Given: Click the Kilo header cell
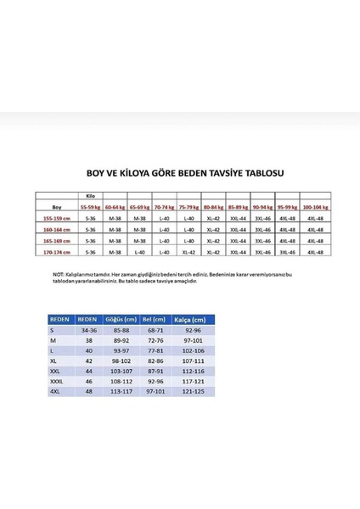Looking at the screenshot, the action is point(92,194).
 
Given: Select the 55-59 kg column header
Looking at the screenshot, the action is point(91,205).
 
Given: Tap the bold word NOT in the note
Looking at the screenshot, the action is point(58,275).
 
